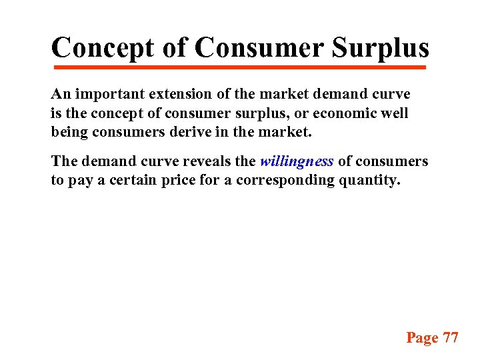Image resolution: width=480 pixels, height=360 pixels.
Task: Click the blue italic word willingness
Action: point(297,161)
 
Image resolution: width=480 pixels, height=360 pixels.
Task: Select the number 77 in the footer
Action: point(451,337)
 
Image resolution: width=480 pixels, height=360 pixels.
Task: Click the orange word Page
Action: point(422,337)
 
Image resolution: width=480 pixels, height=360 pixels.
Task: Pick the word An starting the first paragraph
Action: point(59,94)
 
